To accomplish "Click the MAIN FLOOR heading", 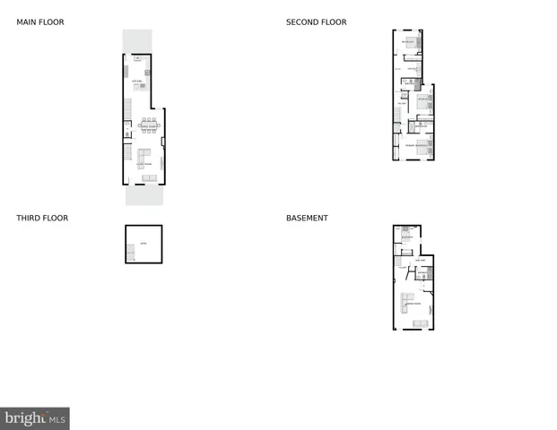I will pos(40,22).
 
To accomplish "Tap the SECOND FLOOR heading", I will pos(316,22).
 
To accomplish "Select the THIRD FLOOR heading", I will pos(42,218).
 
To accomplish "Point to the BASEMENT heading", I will pos(307,218).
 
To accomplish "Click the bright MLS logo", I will pos(35,418).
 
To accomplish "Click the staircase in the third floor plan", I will pos(133,254).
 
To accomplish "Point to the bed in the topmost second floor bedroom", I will pos(413,40).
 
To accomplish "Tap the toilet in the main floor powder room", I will pos(127,134).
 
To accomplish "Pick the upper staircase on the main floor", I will pos(128,109).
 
